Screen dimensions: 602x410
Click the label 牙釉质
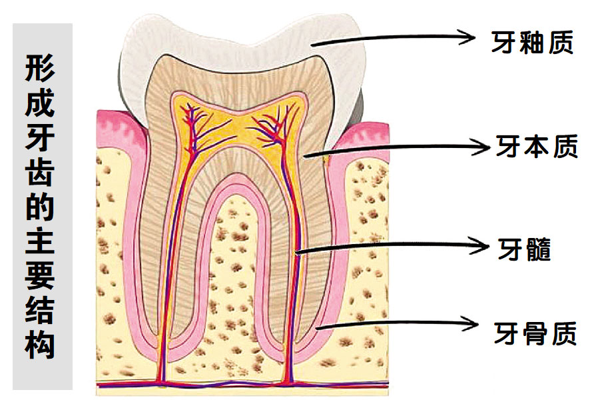tap(532, 42)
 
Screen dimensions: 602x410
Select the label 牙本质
tap(536, 146)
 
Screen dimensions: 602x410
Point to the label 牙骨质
tap(535, 333)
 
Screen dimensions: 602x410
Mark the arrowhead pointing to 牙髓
tap(480, 245)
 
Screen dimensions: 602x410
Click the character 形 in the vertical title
tap(40, 68)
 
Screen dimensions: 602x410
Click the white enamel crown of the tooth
tap(242, 42)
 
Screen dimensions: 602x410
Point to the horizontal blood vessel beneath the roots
tap(242, 383)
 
